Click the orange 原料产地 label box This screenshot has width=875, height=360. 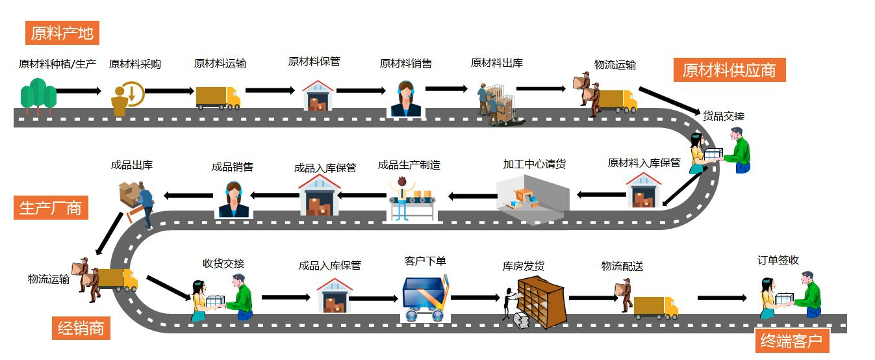(62, 32)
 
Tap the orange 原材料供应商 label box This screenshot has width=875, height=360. (729, 70)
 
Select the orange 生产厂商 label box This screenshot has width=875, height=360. (51, 208)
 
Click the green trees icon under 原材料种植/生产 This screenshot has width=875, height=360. (38, 96)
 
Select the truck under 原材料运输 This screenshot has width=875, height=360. (218, 97)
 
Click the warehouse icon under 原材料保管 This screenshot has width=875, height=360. (318, 96)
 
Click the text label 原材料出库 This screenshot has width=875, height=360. (497, 63)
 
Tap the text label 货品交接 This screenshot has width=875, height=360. (723, 116)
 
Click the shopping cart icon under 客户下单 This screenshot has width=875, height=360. (425, 298)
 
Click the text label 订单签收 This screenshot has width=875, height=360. (778, 261)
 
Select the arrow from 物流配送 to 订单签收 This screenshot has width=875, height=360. (722, 298)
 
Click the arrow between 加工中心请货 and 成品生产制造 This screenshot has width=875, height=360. (472, 196)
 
